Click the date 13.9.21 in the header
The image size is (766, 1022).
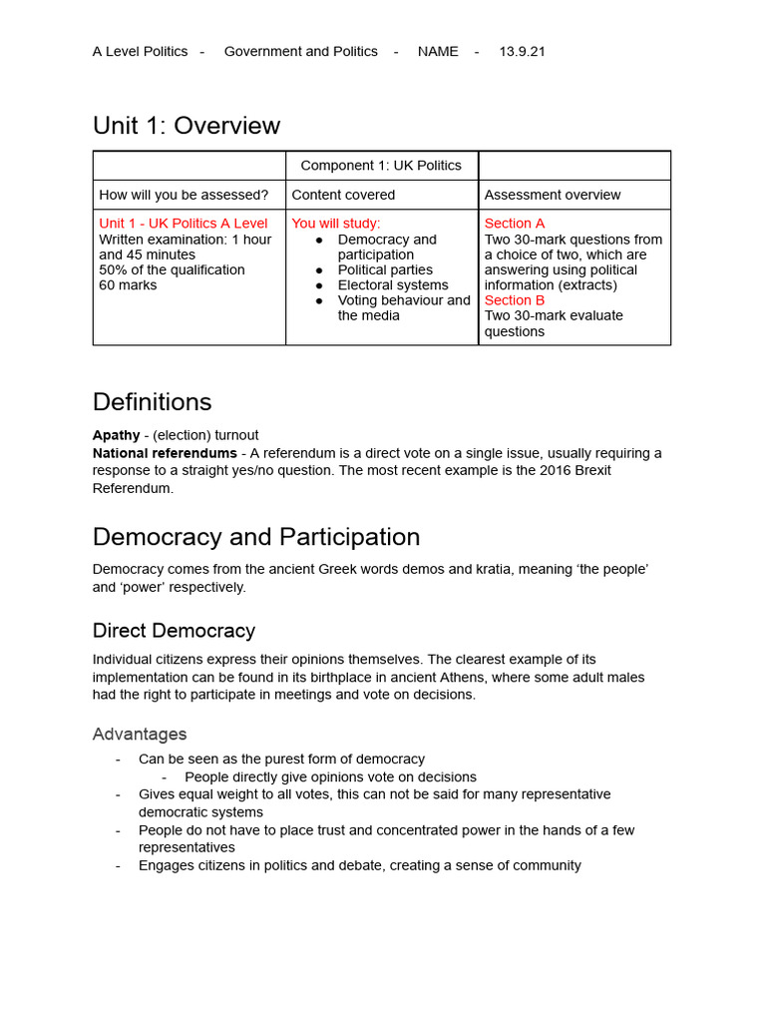tap(522, 52)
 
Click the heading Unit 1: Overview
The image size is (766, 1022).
tap(187, 126)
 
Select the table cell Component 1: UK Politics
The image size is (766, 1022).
tap(381, 166)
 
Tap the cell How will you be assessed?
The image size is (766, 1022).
tap(184, 195)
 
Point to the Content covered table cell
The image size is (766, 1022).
tap(343, 195)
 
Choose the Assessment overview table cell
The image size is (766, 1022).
tap(553, 195)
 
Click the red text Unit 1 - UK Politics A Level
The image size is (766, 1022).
tap(184, 224)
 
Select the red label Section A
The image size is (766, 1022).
tap(515, 224)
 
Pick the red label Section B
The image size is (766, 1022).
tap(515, 300)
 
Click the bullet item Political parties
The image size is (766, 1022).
tap(385, 269)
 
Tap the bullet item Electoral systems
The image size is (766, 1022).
tap(393, 285)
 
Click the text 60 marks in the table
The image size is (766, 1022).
tap(128, 285)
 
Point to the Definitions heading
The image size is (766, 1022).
tap(152, 402)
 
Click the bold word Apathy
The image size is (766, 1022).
tap(117, 435)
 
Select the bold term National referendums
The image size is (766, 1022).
tap(165, 453)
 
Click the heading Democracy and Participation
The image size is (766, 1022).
tap(256, 537)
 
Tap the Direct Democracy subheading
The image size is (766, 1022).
tap(174, 631)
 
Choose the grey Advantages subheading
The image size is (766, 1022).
tap(140, 735)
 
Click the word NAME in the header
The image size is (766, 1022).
tap(438, 52)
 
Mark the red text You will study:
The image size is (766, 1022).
tap(336, 224)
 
